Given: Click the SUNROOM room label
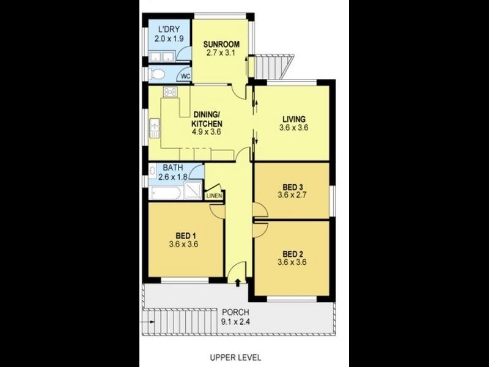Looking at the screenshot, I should (x=222, y=44).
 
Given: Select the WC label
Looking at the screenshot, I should (x=184, y=76).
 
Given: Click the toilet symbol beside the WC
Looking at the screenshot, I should (x=158, y=75).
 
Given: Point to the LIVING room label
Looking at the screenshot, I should (x=293, y=119).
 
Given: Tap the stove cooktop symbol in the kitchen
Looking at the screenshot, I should (x=169, y=92).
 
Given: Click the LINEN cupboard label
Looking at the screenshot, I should (x=214, y=196).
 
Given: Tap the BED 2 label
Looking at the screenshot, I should (x=293, y=253).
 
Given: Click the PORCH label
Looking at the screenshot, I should (x=235, y=311).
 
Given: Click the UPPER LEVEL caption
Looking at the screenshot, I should (x=236, y=356).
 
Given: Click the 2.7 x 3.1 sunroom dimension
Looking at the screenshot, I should (x=222, y=54).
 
